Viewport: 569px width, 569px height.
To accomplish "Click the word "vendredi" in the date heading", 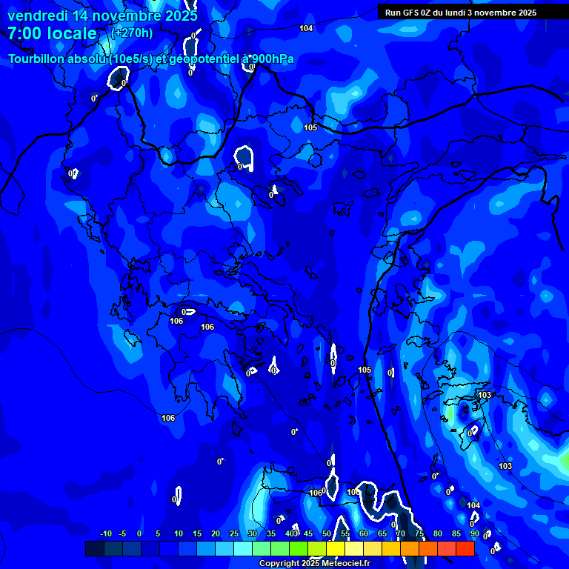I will pos(37,16).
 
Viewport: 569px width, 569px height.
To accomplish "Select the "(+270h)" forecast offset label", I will pos(132,33).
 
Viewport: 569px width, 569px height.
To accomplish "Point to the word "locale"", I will pos(72,33).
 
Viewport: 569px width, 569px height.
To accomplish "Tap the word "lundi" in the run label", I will pos(464,13).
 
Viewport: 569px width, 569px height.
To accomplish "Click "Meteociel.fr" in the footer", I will pos(345,564).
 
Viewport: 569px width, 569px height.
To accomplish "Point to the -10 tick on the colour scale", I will pos(104,533).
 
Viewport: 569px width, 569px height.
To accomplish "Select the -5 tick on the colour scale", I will pos(122,533).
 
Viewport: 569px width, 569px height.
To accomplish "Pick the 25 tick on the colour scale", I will pos(234,533).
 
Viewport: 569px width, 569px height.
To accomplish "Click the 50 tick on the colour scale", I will pos(327,533).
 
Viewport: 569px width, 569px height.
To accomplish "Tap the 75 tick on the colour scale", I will pos(419,533).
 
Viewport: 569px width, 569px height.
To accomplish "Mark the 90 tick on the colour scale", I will pos(474,533).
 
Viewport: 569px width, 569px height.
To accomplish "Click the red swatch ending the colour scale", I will pos(465,548).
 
